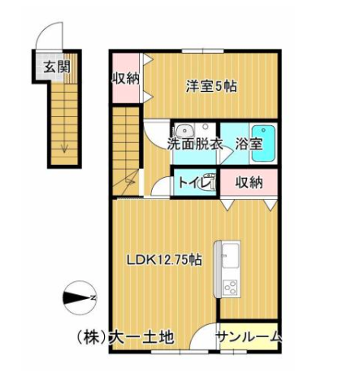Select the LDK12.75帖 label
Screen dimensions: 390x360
pos(163,260)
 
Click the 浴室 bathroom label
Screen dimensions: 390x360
pos(248,144)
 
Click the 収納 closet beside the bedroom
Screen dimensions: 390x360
pos(125,79)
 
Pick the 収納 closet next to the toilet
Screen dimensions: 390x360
pos(249,183)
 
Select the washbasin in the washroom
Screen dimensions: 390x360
pos(184,128)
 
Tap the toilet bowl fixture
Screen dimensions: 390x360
pos(209,183)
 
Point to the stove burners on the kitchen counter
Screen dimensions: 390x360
pos(229,287)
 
